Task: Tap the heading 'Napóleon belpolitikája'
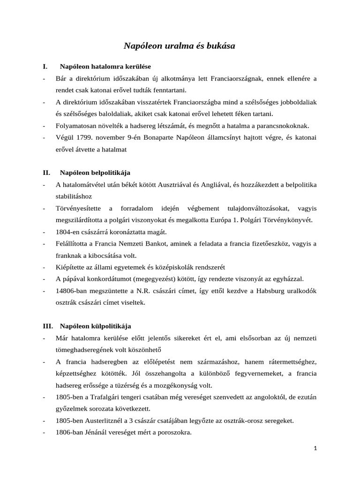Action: click(95, 172)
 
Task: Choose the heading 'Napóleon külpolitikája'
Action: click(96, 325)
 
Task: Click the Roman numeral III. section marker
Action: click(48, 325)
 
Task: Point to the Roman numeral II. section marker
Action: click(46, 172)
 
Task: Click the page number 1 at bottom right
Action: click(315, 448)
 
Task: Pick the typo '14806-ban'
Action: click(71, 291)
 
